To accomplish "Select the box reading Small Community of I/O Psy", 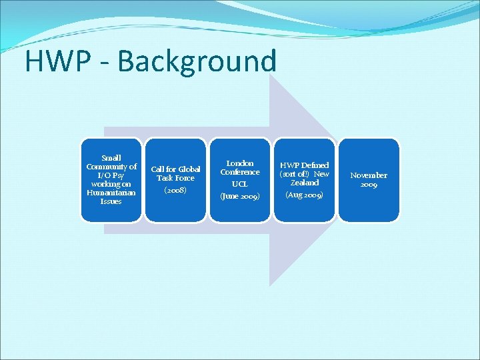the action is coord(111,179).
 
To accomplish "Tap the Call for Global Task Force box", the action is coord(175,179).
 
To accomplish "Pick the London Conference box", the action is coord(240,179).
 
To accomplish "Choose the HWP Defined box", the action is coord(304,179).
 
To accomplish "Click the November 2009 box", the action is coord(369,179).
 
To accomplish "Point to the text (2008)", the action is coord(175,190).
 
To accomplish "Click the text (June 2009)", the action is coord(240,197).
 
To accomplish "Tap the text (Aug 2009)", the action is coord(304,195).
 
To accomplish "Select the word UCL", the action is coord(240,184).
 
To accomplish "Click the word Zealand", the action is coord(304,182).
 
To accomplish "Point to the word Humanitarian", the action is coord(111,193).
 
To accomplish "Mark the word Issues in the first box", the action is coord(111,201).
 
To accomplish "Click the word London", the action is coord(240,163).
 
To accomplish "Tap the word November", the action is coord(369,175).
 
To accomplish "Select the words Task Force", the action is coord(175,178).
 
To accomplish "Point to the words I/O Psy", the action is coord(111,175).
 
